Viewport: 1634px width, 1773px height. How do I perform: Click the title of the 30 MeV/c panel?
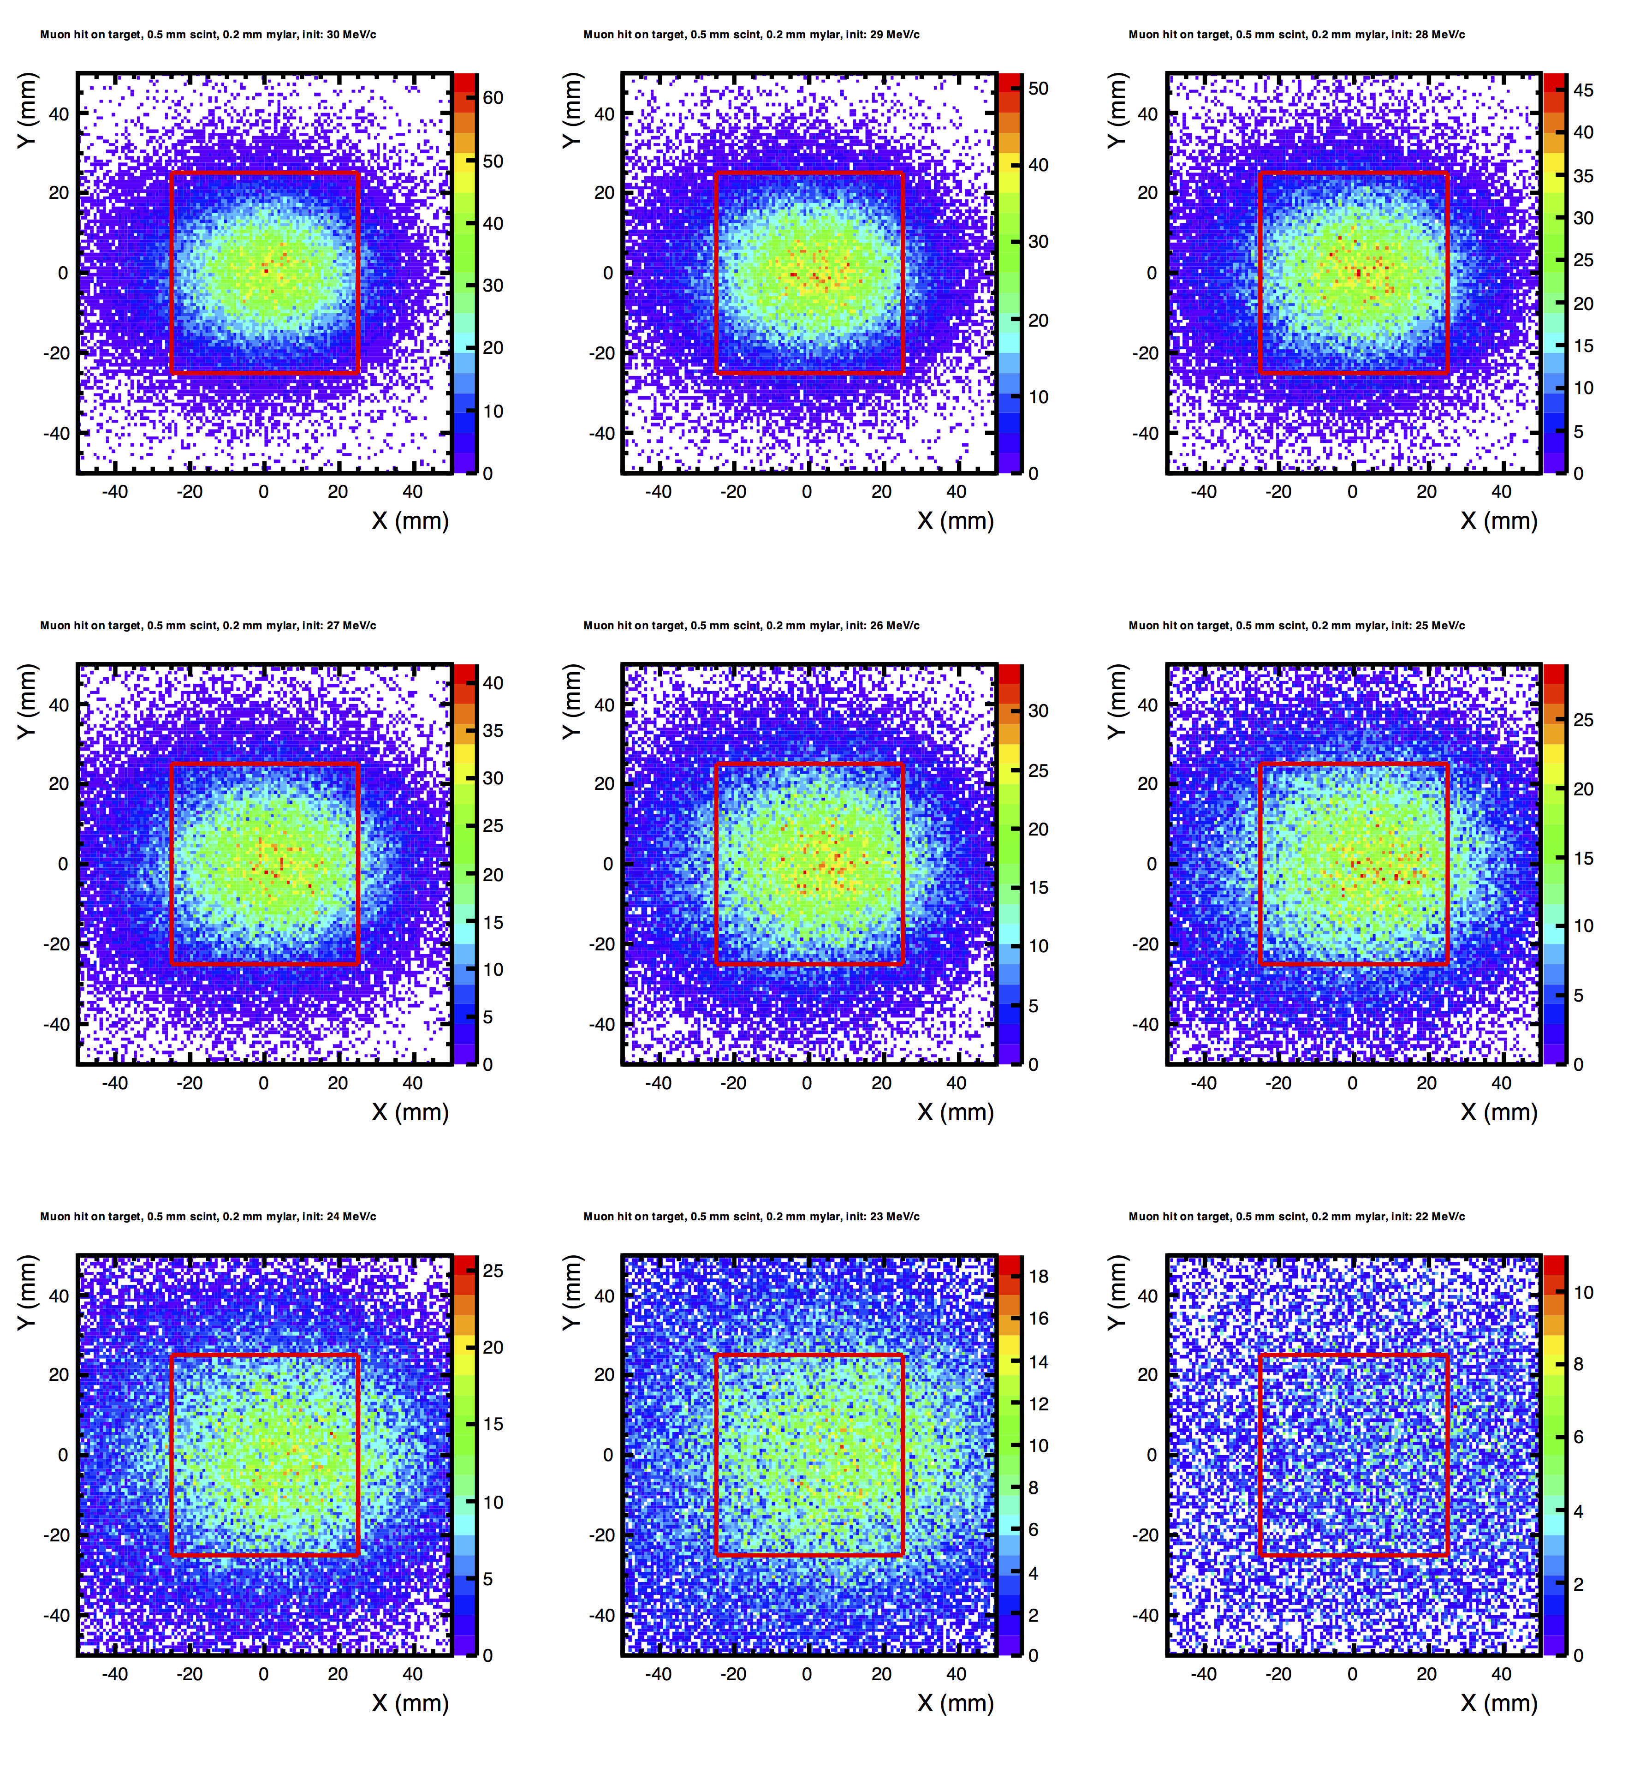click(208, 35)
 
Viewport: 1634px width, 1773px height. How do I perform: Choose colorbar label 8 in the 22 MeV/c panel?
click(1578, 1364)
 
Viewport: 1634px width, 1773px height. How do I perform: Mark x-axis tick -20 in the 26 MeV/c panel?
click(733, 1083)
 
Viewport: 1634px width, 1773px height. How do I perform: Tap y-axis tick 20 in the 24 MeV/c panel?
click(59, 1374)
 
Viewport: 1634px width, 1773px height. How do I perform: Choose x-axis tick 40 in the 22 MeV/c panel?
click(1501, 1674)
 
